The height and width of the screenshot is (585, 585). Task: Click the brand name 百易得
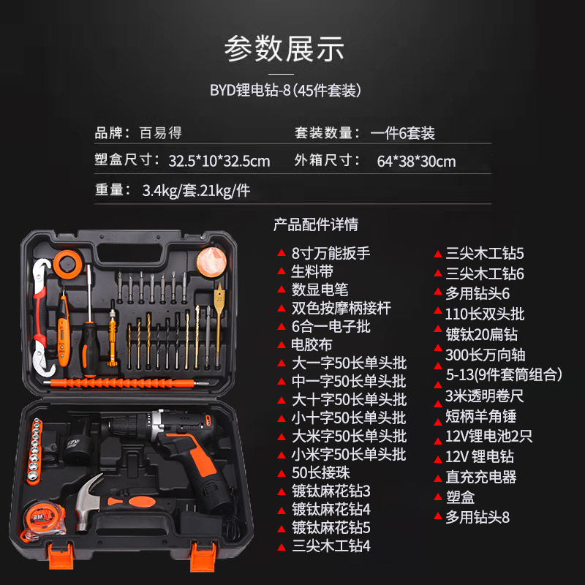pyautogui.click(x=160, y=133)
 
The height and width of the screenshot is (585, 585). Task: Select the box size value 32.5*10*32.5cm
pyautogui.click(x=219, y=161)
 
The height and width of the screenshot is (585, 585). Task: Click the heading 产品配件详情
pyautogui.click(x=316, y=224)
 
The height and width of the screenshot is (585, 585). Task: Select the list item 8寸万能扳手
pyautogui.click(x=331, y=254)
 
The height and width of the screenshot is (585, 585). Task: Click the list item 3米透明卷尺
pyautogui.click(x=485, y=396)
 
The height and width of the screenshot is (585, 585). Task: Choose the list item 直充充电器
pyautogui.click(x=481, y=477)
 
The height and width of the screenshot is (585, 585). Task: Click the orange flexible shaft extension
pyautogui.click(x=124, y=382)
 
